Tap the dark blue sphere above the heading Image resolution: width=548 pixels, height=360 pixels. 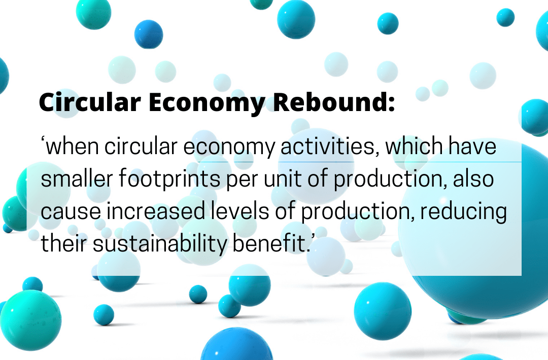coord(149,34)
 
